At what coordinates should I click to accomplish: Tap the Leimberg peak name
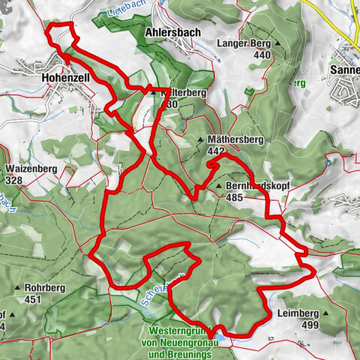point(298,313)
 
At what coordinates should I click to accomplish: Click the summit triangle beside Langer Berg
point(277,43)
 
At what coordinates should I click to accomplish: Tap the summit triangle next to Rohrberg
point(16,287)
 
